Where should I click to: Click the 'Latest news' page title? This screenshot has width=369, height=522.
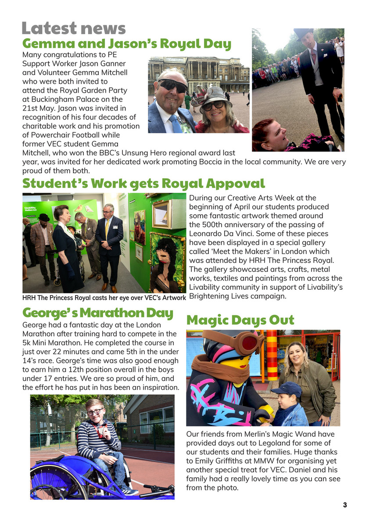coord(73,29)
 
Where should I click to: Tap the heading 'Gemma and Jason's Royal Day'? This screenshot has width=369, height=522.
coord(126,44)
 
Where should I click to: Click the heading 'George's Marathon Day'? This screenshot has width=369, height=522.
coord(97,313)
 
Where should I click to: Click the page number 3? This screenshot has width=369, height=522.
coord(345,505)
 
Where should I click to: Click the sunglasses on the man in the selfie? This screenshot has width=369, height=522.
coord(172,85)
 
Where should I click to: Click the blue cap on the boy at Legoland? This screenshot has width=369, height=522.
coord(286,389)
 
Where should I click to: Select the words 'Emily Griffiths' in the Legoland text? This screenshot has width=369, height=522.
coord(219,461)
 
